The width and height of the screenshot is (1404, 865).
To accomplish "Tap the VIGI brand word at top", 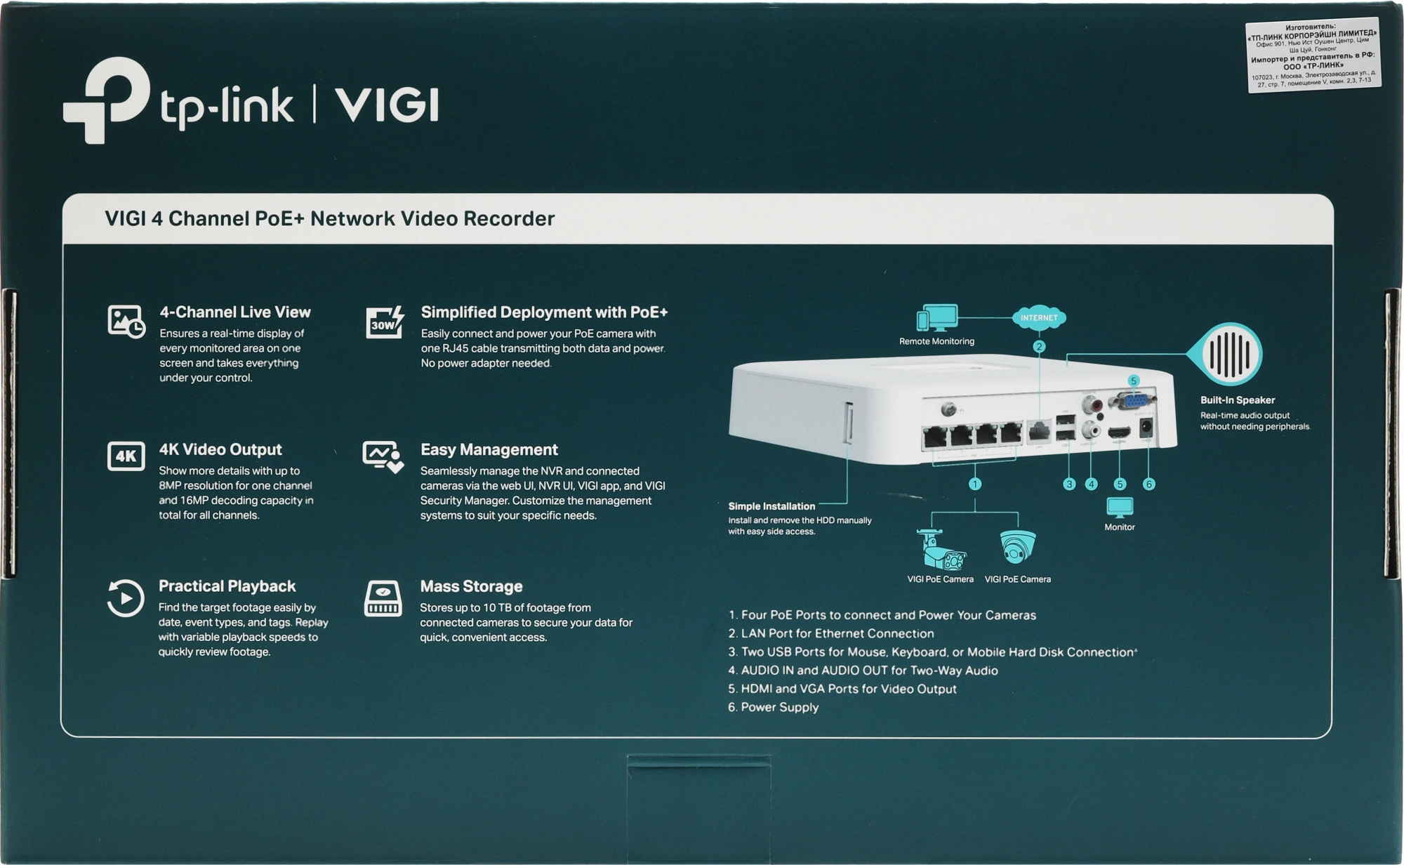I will click(387, 105).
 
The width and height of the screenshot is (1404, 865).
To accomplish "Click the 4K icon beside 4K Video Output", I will click(126, 456).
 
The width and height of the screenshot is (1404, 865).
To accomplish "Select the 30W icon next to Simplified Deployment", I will click(385, 322).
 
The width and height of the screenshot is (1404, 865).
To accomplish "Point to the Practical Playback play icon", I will click(125, 598).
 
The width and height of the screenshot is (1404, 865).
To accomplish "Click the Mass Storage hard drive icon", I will click(383, 599).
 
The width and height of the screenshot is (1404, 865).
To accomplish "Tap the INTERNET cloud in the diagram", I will click(1039, 317).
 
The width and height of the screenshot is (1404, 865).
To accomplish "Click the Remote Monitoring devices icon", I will click(936, 318).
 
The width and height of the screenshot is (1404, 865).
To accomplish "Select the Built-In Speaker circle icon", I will click(1231, 355).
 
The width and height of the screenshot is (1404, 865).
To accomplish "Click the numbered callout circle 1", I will click(974, 484).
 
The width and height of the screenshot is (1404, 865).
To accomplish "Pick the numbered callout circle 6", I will click(1148, 484).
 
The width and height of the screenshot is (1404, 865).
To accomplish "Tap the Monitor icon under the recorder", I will click(1120, 507).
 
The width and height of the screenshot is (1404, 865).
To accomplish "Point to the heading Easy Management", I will click(489, 449).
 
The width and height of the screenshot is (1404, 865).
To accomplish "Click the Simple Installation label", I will click(771, 506).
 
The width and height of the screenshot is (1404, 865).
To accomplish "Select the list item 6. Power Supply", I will click(773, 707).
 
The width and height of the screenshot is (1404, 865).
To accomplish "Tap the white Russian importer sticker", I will click(1313, 55).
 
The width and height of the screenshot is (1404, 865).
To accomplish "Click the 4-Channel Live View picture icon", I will click(126, 322).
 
